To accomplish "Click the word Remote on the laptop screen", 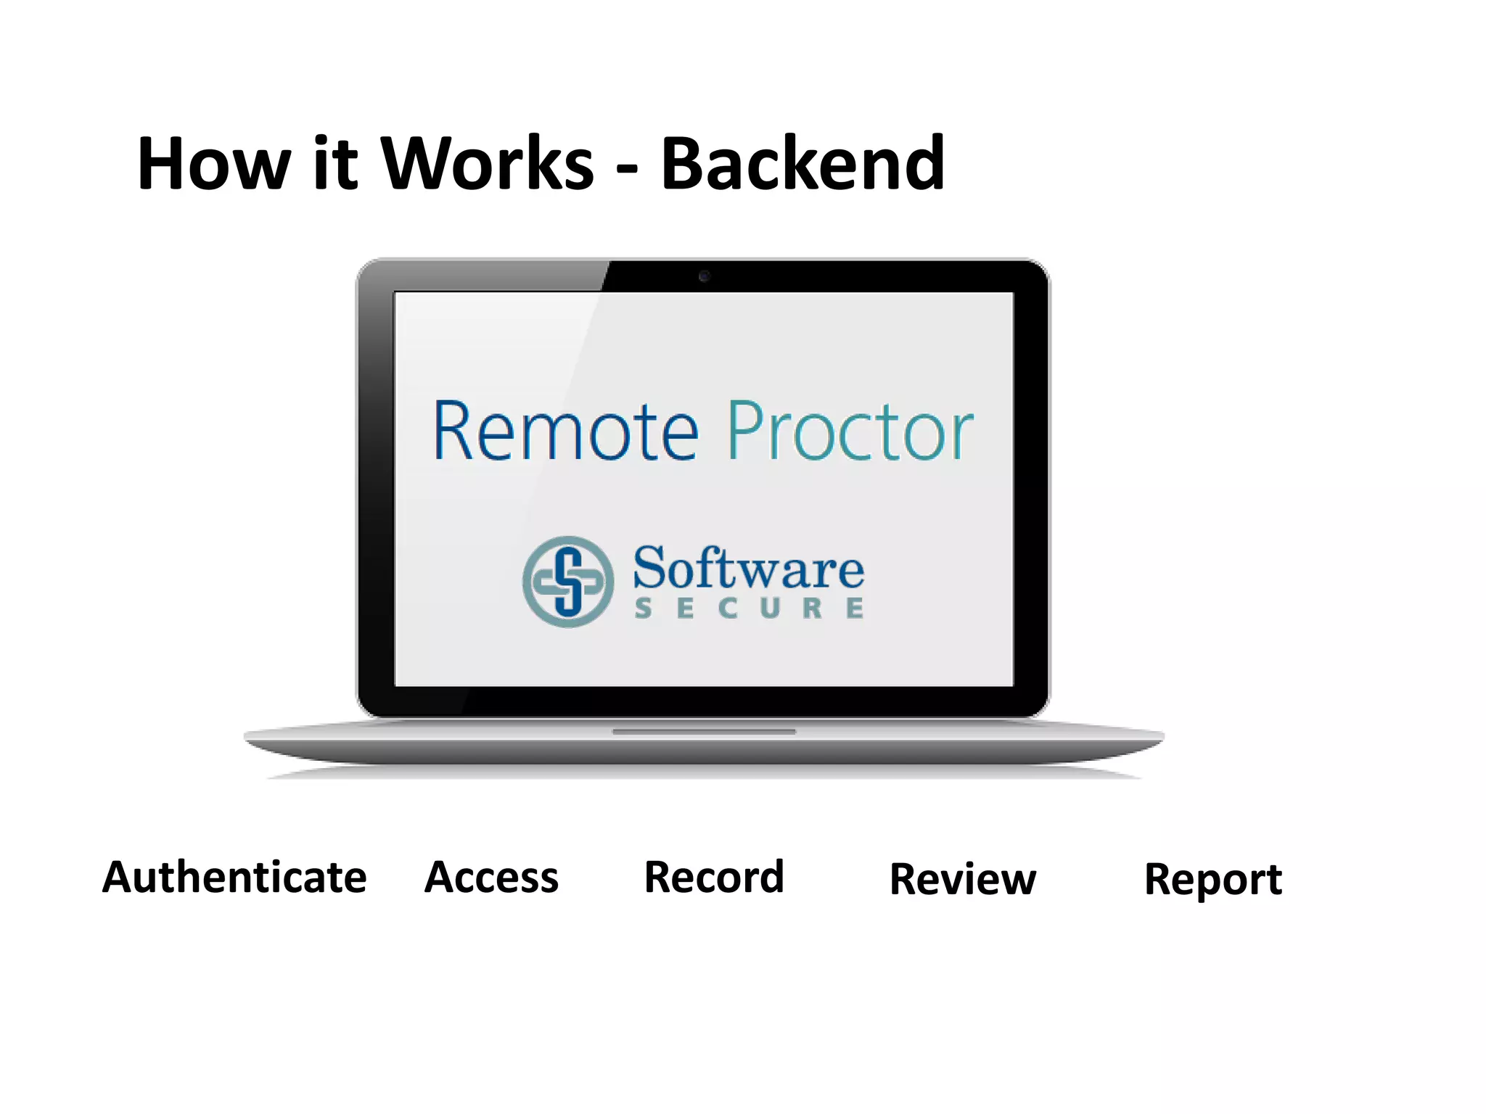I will (566, 432).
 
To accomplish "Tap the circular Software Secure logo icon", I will (568, 582).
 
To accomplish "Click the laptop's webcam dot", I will (704, 276).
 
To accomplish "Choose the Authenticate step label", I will (234, 878).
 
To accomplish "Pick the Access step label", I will (492, 878).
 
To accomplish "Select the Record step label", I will (715, 878).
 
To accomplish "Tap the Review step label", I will (964, 880).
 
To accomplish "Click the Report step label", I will (1213, 880).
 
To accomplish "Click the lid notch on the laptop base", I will (704, 732).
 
